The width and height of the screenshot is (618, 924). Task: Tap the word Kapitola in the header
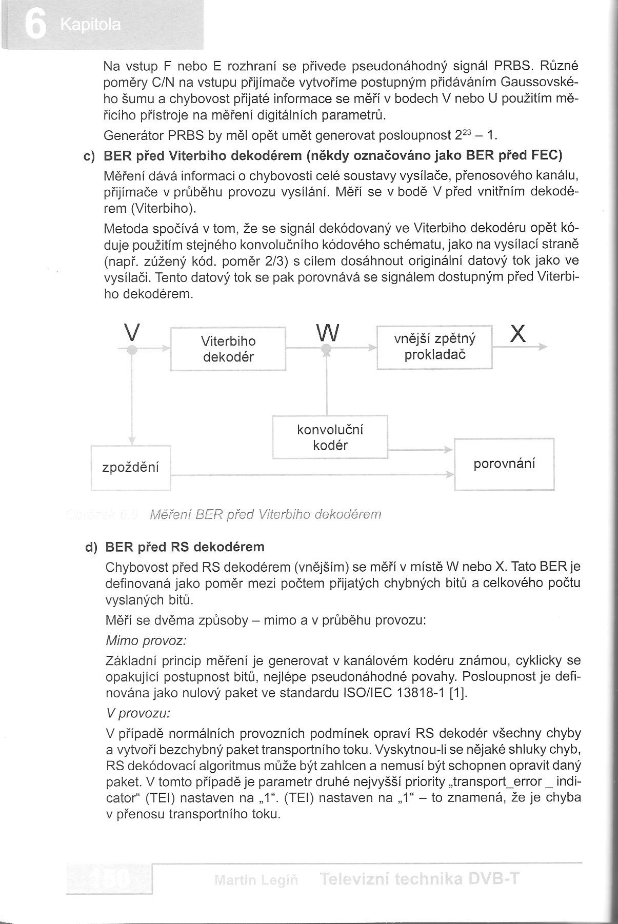90,25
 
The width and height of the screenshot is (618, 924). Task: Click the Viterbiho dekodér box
228,349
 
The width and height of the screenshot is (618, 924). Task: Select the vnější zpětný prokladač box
434,347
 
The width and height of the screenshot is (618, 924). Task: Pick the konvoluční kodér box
330,437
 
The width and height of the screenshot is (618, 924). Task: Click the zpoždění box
131,468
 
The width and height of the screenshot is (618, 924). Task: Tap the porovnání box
504,464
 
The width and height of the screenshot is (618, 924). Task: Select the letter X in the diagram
519,334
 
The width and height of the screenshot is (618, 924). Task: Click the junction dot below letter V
132,350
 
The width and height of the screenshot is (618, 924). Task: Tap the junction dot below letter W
326,349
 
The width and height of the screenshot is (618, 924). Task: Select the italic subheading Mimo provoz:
146,640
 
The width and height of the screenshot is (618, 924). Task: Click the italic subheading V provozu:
138,713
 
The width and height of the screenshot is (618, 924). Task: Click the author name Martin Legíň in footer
256,880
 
